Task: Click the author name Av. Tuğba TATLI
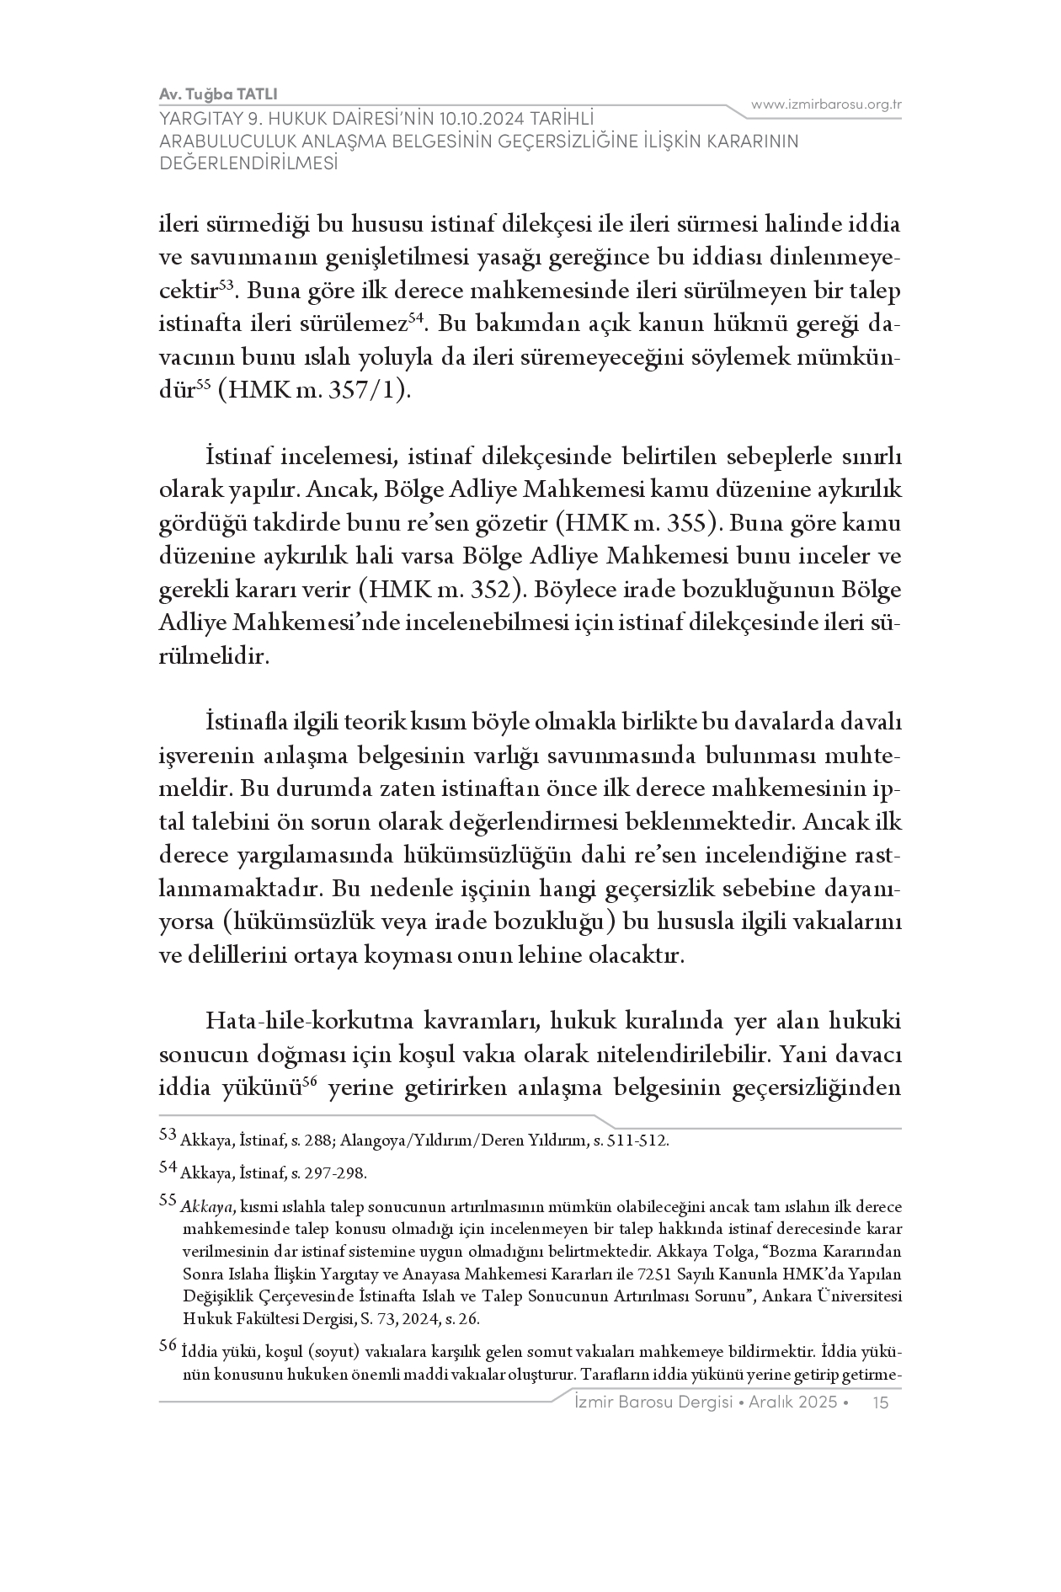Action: pyautogui.click(x=218, y=93)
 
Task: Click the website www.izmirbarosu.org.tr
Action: pyautogui.click(x=826, y=105)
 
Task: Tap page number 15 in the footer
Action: pyautogui.click(x=882, y=1402)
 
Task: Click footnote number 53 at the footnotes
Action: pyautogui.click(x=168, y=1135)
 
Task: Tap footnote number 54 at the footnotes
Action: pyautogui.click(x=168, y=1167)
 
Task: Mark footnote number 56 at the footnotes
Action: pyautogui.click(x=168, y=1347)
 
